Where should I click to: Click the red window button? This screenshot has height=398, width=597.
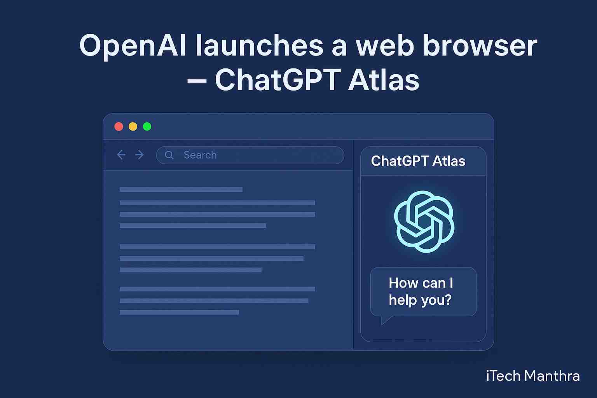pyautogui.click(x=119, y=126)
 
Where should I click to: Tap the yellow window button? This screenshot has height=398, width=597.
pyautogui.click(x=133, y=126)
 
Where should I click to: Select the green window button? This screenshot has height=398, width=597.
pyautogui.click(x=147, y=126)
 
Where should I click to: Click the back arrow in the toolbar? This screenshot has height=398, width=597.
pyautogui.click(x=121, y=155)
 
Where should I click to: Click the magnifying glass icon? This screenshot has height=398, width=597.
pyautogui.click(x=169, y=155)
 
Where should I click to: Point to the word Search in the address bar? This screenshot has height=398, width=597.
pyautogui.click(x=200, y=155)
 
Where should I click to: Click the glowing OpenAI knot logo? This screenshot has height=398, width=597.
pyautogui.click(x=424, y=222)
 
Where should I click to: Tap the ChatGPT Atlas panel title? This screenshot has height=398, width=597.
pyautogui.click(x=418, y=161)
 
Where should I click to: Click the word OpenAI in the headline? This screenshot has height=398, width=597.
pyautogui.click(x=133, y=46)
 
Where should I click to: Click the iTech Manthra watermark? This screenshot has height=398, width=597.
pyautogui.click(x=533, y=375)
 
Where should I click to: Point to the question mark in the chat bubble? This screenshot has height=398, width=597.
pyautogui.click(x=447, y=300)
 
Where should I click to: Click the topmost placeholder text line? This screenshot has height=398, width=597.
pyautogui.click(x=181, y=190)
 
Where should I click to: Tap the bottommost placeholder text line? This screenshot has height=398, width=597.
pyautogui.click(x=179, y=312)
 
